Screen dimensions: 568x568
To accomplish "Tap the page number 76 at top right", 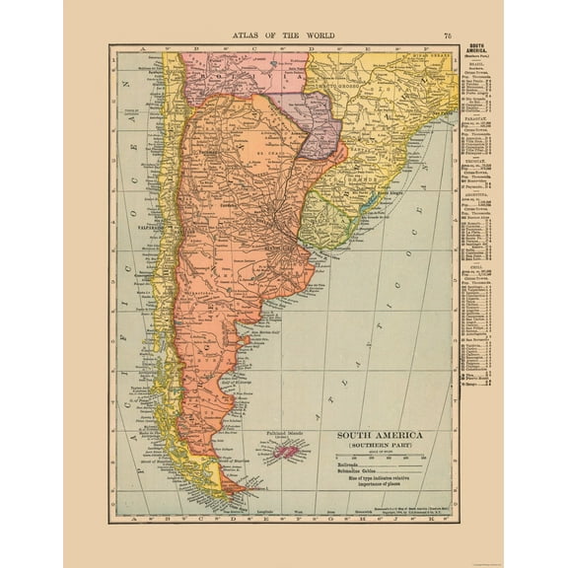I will pyautogui.click(x=448, y=35).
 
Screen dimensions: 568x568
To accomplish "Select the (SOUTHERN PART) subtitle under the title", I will pyautogui.click(x=380, y=447).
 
